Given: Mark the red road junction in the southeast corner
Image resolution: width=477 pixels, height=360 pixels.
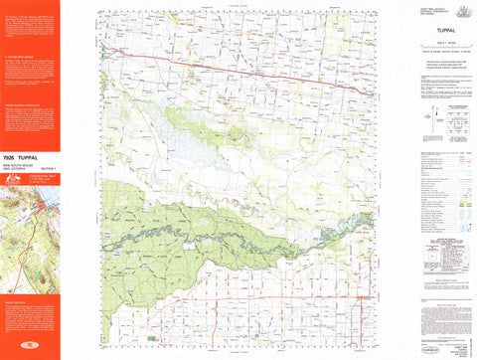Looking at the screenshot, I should [x=359, y=295].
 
